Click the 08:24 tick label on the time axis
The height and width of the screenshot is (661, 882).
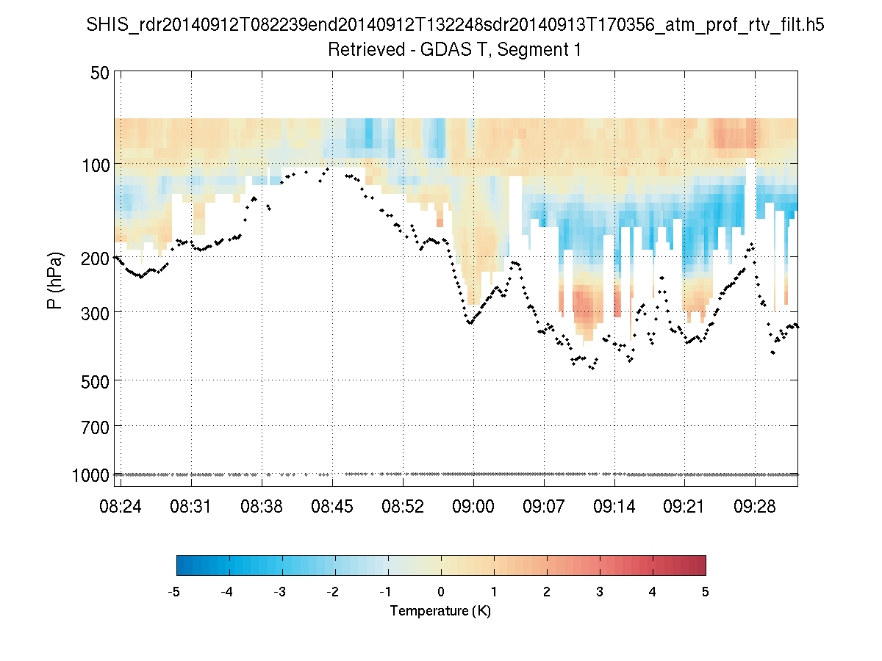pyautogui.click(x=121, y=507)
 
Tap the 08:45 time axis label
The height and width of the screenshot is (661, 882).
pyautogui.click(x=332, y=507)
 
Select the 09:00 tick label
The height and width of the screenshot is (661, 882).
pyautogui.click(x=473, y=507)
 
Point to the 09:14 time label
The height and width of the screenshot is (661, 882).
pyautogui.click(x=614, y=507)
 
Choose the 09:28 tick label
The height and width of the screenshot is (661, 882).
pyautogui.click(x=755, y=507)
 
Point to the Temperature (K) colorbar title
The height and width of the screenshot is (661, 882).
pyautogui.click(x=440, y=611)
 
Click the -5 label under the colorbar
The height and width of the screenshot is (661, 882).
pyautogui.click(x=174, y=592)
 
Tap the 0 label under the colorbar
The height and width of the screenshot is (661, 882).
pyautogui.click(x=441, y=592)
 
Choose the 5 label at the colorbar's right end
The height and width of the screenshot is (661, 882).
pyautogui.click(x=706, y=592)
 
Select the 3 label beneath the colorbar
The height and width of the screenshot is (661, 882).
pyautogui.click(x=600, y=592)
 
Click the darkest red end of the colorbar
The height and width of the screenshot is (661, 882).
pyautogui.click(x=701, y=565)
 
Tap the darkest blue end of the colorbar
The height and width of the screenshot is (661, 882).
pyautogui.click(x=181, y=565)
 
